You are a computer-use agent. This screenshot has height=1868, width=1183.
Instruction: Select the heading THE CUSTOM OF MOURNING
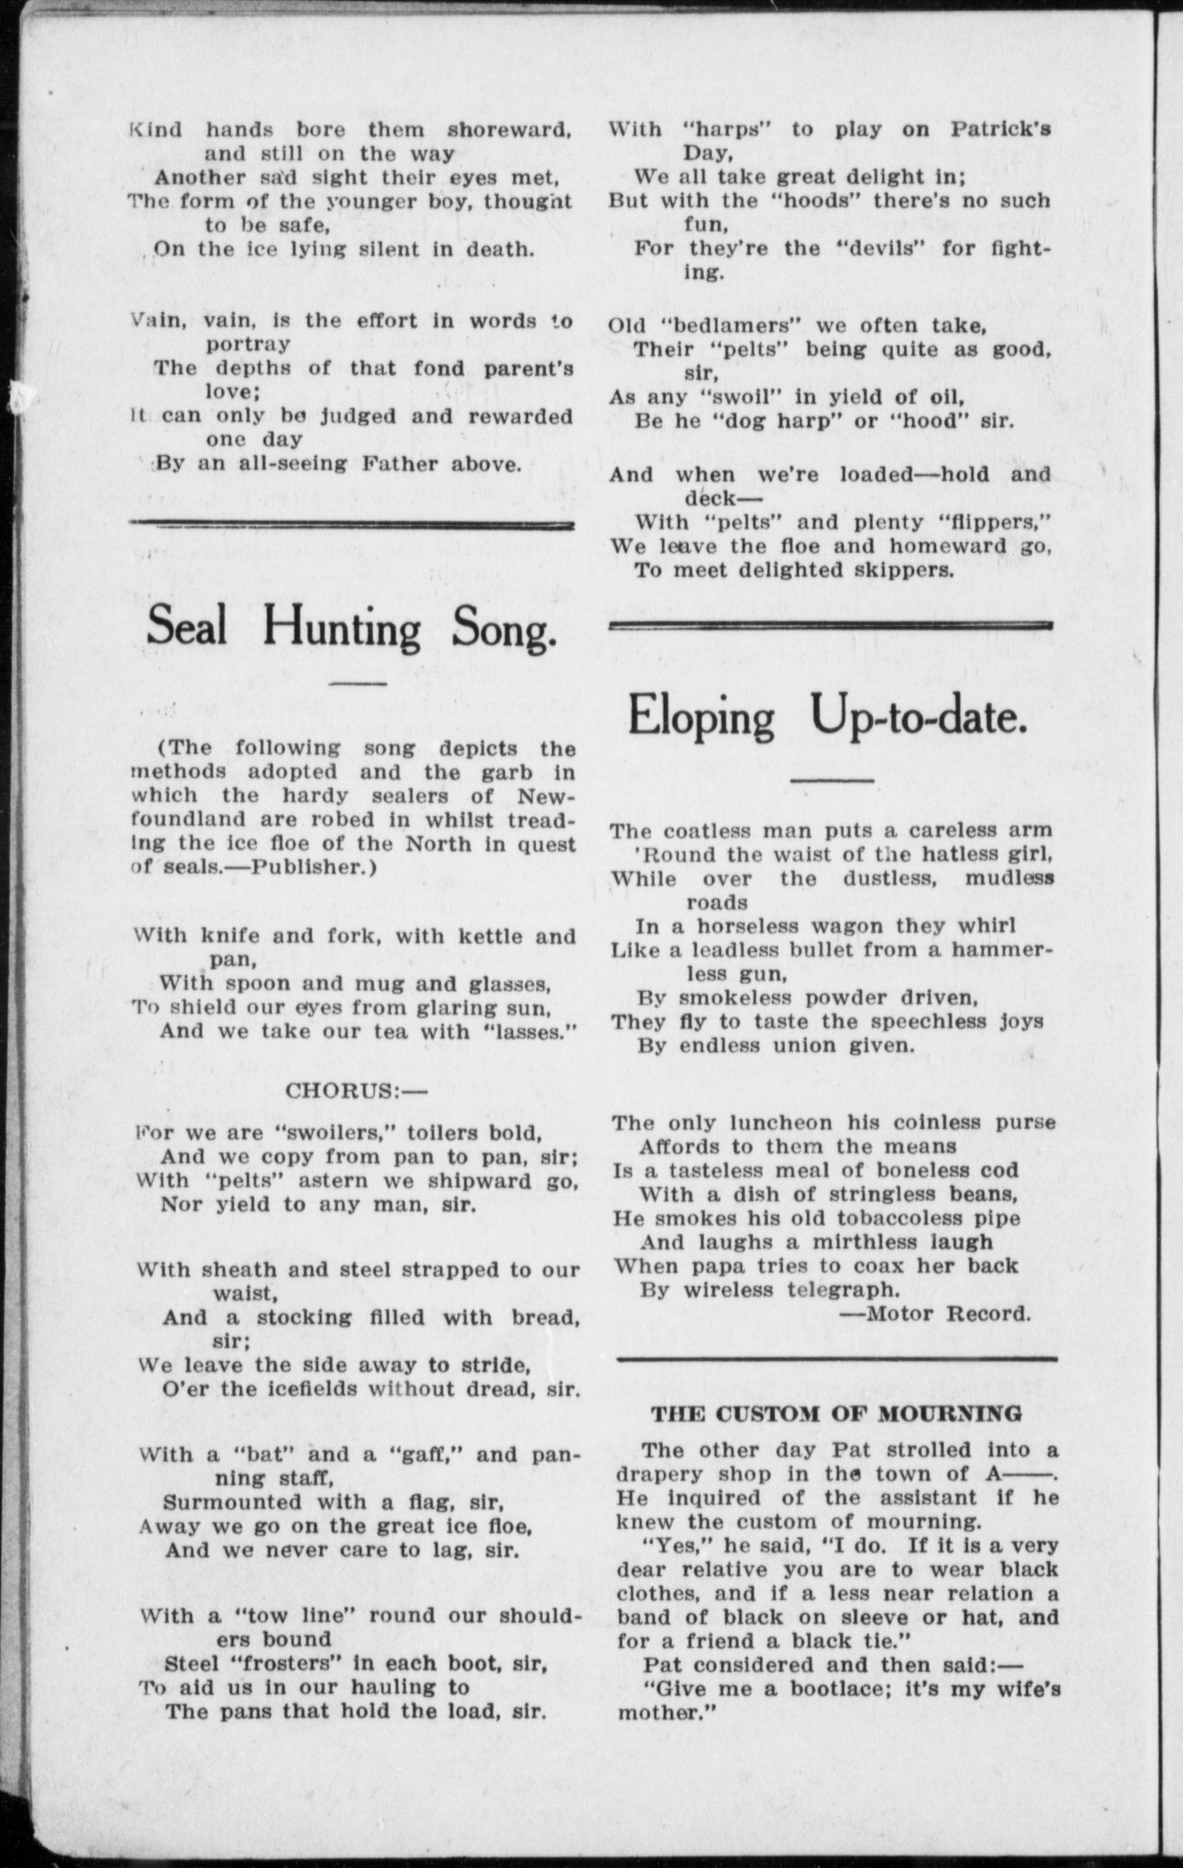[836, 1413]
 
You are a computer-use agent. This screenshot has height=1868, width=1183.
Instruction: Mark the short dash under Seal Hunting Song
[356, 684]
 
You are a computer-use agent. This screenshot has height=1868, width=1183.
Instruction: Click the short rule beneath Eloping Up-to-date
[832, 781]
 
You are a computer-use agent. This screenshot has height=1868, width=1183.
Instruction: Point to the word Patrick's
[999, 129]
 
